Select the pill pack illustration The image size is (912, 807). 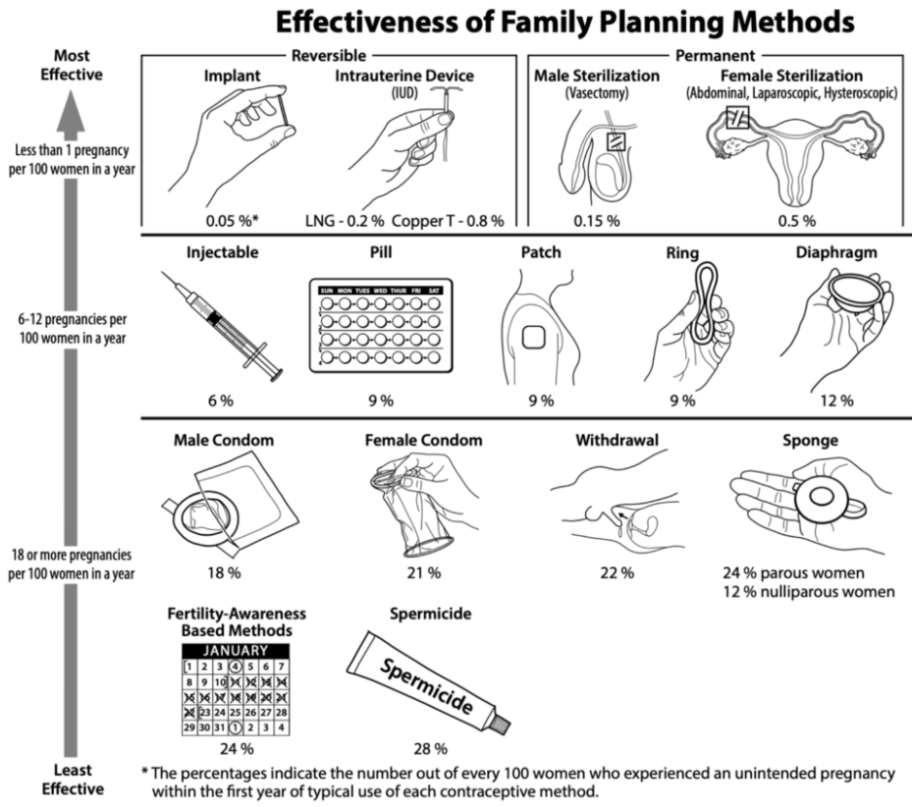click(x=381, y=326)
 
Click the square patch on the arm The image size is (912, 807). click(x=533, y=338)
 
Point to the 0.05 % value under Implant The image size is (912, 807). click(x=232, y=221)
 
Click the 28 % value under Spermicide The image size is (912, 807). click(x=430, y=749)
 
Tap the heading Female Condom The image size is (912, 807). click(x=423, y=440)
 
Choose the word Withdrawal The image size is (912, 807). click(x=617, y=440)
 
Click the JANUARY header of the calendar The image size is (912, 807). click(x=236, y=651)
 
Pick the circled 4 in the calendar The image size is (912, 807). click(x=235, y=667)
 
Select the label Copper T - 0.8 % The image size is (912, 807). click(x=448, y=221)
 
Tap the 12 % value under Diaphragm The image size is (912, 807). click(x=837, y=401)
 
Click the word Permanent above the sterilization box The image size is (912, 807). click(x=716, y=56)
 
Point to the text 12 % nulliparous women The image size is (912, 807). click(x=809, y=592)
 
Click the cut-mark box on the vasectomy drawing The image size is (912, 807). click(x=616, y=142)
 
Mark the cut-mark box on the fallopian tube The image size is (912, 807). click(x=737, y=118)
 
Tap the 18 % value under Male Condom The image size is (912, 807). click(x=224, y=573)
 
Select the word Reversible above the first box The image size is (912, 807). click(x=329, y=56)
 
